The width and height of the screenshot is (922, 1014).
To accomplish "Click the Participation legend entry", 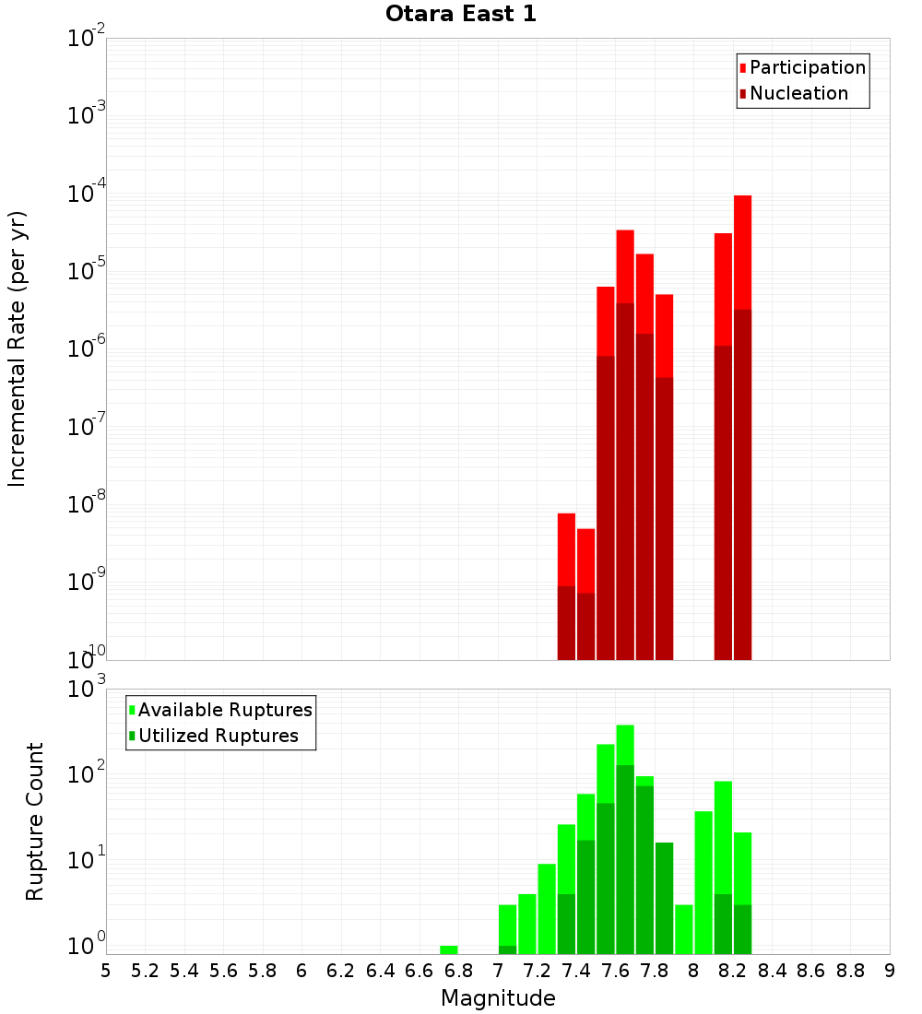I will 807,67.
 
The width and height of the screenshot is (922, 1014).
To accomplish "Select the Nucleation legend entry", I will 798,93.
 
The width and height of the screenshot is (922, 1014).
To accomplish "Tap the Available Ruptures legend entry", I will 224,710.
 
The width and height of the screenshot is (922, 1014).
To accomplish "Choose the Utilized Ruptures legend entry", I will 217,736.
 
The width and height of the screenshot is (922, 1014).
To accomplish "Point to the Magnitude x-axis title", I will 498,998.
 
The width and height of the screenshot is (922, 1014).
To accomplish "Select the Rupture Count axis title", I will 35,820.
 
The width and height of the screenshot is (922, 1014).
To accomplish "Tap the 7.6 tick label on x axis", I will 616,971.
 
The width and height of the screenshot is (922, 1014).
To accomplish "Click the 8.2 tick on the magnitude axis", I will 733,971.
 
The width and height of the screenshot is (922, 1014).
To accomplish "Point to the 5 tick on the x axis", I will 106,971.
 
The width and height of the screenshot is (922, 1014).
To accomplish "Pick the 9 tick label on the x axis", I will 890,971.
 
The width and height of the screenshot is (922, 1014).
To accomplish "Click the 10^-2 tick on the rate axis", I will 86,39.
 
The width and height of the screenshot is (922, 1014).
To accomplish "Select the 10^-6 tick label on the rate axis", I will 86,348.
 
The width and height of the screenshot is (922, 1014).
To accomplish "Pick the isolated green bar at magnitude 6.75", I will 449,949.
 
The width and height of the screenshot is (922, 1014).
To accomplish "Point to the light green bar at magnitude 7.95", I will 684,929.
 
